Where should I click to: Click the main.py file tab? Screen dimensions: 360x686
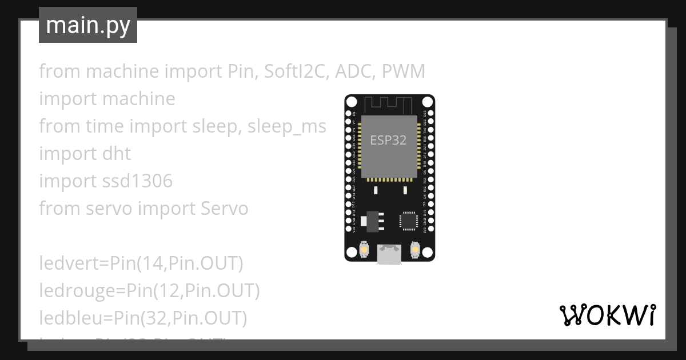click(88, 26)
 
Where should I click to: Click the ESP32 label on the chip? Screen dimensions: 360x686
click(388, 140)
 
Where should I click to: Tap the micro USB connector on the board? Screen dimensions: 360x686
click(389, 255)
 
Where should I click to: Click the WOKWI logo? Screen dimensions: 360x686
click(607, 315)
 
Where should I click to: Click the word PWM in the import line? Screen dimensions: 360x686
click(404, 71)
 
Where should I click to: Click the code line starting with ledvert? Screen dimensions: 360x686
click(141, 263)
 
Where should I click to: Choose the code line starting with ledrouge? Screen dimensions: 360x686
click(149, 291)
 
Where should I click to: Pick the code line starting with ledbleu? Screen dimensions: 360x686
click(143, 318)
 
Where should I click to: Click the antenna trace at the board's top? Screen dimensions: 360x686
click(389, 105)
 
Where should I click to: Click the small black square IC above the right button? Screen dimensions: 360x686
click(409, 221)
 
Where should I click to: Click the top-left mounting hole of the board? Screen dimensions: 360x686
click(352, 102)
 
